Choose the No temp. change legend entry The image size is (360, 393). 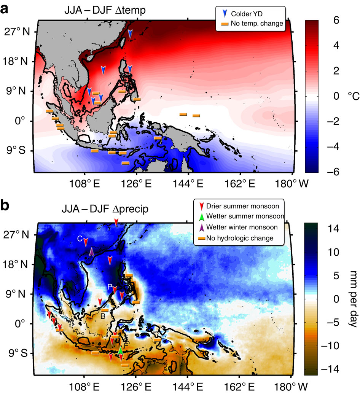[x=252, y=24]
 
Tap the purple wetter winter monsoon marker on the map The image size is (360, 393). [x=91, y=251]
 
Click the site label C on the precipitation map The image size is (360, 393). [x=80, y=239]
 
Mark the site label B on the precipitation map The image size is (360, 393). [x=103, y=315]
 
